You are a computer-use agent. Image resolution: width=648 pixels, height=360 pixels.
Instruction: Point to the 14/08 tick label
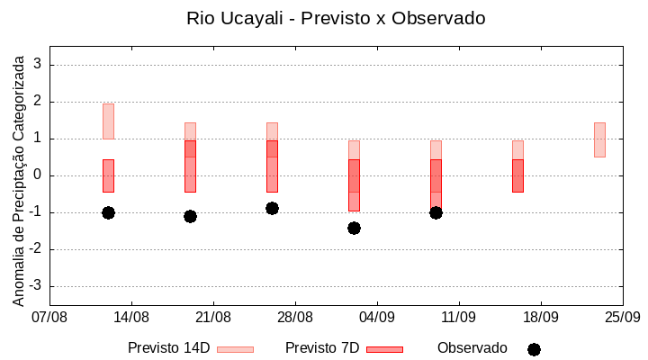point(131,317)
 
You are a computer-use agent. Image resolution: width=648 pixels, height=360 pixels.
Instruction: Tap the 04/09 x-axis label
point(377,317)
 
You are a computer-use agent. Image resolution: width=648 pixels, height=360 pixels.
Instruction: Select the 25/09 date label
point(623,317)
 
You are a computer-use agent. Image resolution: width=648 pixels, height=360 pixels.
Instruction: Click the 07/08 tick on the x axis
point(49,317)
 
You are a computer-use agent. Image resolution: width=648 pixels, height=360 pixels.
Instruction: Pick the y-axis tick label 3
point(38,65)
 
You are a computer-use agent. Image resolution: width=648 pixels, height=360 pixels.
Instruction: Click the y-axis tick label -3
point(35,286)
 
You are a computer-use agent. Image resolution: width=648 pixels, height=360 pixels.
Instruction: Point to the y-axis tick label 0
point(38,175)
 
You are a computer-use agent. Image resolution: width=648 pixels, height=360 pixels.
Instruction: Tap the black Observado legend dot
point(534,349)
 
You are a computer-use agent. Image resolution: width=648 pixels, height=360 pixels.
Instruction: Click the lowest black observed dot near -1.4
point(354,228)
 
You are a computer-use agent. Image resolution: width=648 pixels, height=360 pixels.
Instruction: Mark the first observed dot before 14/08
point(108,212)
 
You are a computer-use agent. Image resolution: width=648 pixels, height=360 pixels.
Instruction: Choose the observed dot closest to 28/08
point(272,208)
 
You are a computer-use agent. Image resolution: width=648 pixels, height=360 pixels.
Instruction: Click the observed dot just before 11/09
point(436,212)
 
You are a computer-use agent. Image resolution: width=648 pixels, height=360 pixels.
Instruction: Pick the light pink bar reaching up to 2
point(108,121)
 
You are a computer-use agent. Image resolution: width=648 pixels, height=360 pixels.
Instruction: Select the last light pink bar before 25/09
point(599,139)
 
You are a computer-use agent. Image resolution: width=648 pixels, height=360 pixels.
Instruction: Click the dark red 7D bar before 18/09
point(517,175)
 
